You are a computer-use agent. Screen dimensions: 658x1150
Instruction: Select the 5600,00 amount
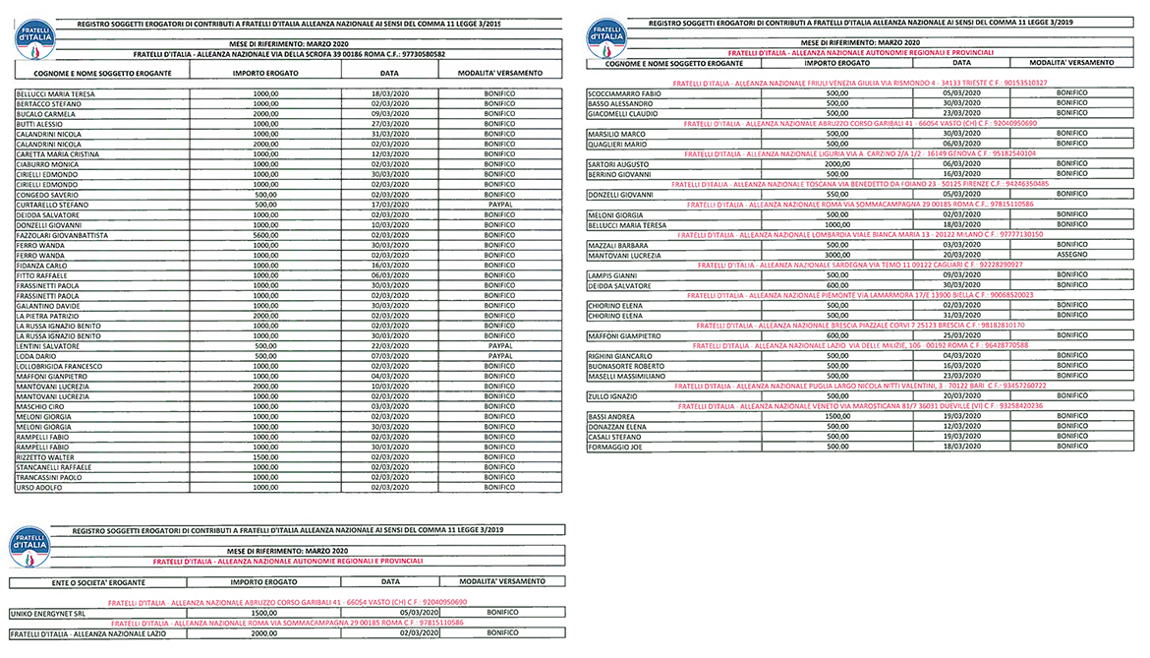point(265,236)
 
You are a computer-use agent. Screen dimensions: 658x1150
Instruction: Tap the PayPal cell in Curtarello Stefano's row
point(499,205)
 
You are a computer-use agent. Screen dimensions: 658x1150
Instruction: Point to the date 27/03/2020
point(389,124)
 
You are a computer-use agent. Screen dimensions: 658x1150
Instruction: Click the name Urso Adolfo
point(40,487)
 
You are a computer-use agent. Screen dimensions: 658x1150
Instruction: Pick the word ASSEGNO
point(1072,255)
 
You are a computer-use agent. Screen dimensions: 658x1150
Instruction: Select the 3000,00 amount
point(836,255)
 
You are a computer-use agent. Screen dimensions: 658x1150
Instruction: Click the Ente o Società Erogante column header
point(74,582)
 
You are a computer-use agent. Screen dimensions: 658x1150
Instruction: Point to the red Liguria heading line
point(859,153)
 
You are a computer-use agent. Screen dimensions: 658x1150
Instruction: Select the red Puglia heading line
point(859,386)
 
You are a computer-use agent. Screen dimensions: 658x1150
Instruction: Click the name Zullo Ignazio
point(611,395)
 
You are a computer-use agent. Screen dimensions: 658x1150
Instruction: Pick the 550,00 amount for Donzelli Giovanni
point(836,194)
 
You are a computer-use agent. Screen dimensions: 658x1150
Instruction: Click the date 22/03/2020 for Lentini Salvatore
point(389,346)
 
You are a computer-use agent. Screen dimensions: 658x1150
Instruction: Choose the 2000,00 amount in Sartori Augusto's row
point(836,163)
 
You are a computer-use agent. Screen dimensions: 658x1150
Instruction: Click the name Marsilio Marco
point(616,133)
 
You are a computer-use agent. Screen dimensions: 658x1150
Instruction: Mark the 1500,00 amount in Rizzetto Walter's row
point(265,456)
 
